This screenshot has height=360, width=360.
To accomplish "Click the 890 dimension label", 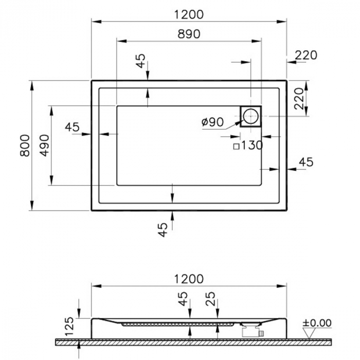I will tap(189, 34).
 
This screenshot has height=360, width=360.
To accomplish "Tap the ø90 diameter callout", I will tap(212, 122).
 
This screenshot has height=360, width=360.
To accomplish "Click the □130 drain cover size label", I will tap(248, 146).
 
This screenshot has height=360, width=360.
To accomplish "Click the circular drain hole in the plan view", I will tap(251, 116).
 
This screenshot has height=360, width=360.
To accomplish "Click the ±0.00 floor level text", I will tap(317, 323).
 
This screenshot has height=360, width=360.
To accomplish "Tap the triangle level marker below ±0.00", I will tap(310, 333).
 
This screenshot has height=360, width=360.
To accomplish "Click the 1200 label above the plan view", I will tap(189, 14).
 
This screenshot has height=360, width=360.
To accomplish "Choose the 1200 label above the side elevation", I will tap(189, 279).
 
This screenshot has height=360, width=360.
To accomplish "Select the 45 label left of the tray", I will tap(73, 127).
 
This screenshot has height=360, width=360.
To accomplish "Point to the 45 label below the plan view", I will tap(163, 229).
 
